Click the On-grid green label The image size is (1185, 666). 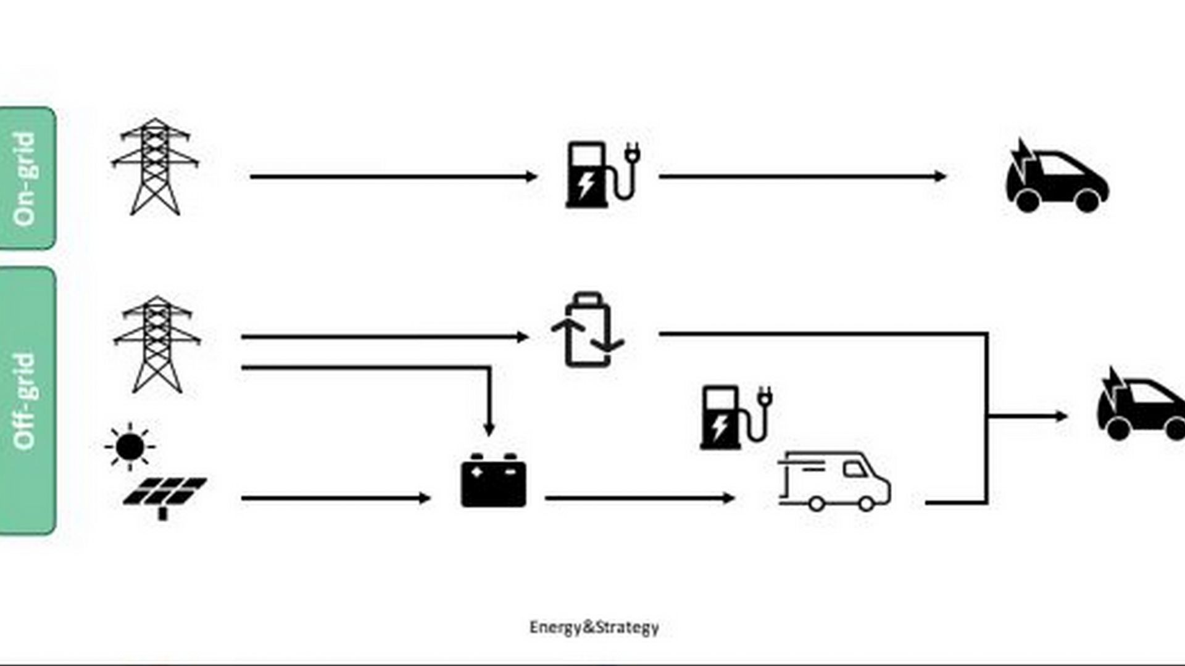[28, 178]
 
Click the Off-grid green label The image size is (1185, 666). [28, 401]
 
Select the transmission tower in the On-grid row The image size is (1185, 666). [155, 166]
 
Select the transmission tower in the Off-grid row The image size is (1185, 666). [157, 344]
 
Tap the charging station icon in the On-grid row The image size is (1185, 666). [602, 175]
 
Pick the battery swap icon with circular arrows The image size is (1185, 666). [588, 330]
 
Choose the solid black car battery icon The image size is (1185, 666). [494, 480]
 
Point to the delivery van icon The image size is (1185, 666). [834, 481]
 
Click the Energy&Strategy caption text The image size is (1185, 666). [594, 628]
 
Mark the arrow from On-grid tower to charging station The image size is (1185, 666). [393, 177]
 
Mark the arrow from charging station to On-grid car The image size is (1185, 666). [802, 177]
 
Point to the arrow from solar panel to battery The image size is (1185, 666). [336, 498]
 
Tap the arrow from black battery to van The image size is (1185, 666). [639, 498]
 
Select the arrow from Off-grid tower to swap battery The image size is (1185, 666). [385, 337]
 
